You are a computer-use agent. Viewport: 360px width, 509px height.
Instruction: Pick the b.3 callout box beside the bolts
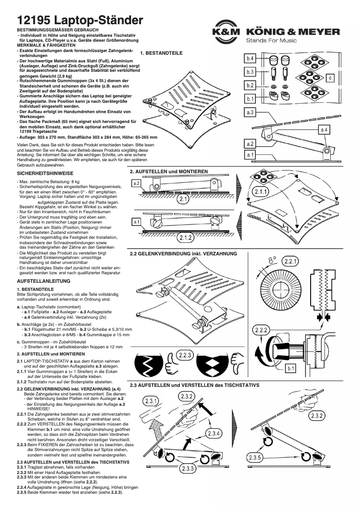250,72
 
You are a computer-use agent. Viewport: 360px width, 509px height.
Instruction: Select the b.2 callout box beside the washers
250,85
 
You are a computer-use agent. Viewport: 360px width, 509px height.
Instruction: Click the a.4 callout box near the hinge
324,130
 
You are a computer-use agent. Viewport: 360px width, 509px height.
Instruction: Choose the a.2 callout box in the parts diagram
250,144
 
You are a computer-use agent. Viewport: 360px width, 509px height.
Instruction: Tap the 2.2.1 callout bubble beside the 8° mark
290,261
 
